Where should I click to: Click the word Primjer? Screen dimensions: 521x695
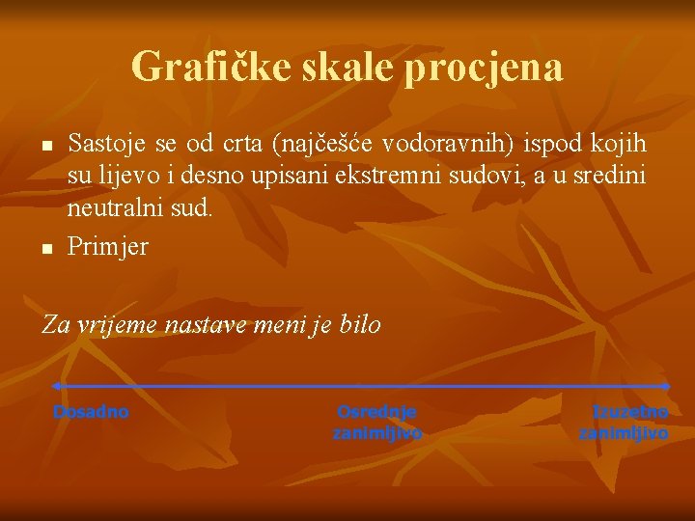point(108,247)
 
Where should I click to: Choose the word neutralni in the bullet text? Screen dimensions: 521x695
point(115,209)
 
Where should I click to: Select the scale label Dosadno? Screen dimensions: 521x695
point(91,412)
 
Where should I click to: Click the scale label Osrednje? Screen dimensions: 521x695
point(376,412)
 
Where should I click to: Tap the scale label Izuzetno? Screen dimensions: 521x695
point(629,412)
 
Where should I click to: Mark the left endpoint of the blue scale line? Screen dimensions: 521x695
point(56,386)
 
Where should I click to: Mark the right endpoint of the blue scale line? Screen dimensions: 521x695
point(667,386)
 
